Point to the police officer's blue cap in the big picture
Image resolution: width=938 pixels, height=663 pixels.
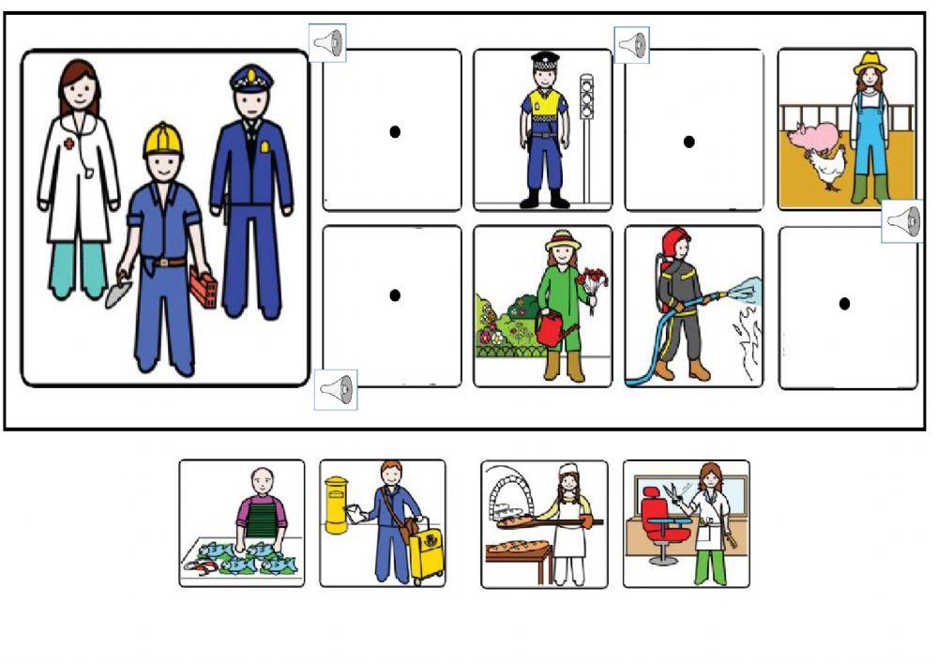(x=250, y=77)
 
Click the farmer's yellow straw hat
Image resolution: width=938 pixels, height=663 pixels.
(x=870, y=63)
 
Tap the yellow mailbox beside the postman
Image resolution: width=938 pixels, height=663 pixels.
(x=336, y=505)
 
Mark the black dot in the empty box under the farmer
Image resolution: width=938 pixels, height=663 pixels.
(x=844, y=303)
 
